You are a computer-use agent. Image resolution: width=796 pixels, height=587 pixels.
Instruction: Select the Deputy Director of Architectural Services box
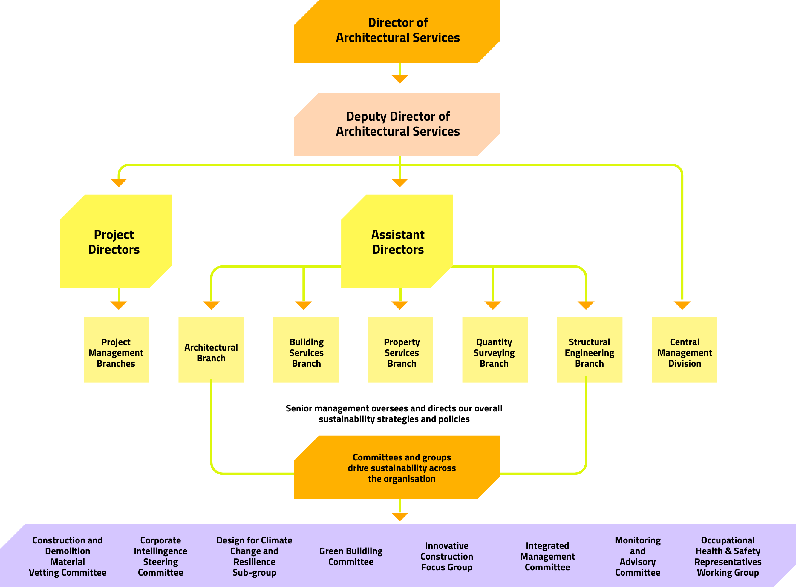click(x=397, y=124)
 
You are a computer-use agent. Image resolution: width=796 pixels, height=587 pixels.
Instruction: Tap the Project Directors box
click(x=116, y=242)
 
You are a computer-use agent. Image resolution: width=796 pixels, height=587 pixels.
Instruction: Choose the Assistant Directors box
click(x=397, y=242)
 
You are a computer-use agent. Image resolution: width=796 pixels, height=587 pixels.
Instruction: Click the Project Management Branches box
click(x=116, y=350)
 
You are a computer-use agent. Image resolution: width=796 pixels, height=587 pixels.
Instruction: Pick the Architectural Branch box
click(x=211, y=350)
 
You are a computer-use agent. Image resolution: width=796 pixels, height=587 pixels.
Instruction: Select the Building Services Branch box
click(x=306, y=350)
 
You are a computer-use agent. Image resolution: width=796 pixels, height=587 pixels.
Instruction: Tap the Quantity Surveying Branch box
click(x=495, y=350)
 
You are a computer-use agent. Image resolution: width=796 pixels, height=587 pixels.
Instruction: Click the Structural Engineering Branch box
click(x=590, y=350)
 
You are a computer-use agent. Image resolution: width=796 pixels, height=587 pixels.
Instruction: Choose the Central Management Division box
click(x=684, y=350)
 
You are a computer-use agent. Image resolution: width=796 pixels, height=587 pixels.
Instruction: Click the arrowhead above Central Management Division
click(x=682, y=305)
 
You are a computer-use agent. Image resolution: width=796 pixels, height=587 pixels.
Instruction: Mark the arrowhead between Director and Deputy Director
click(x=399, y=79)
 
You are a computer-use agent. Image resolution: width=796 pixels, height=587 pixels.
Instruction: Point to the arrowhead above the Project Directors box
click(x=119, y=182)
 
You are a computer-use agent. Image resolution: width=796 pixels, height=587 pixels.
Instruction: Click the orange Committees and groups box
click(x=397, y=467)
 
